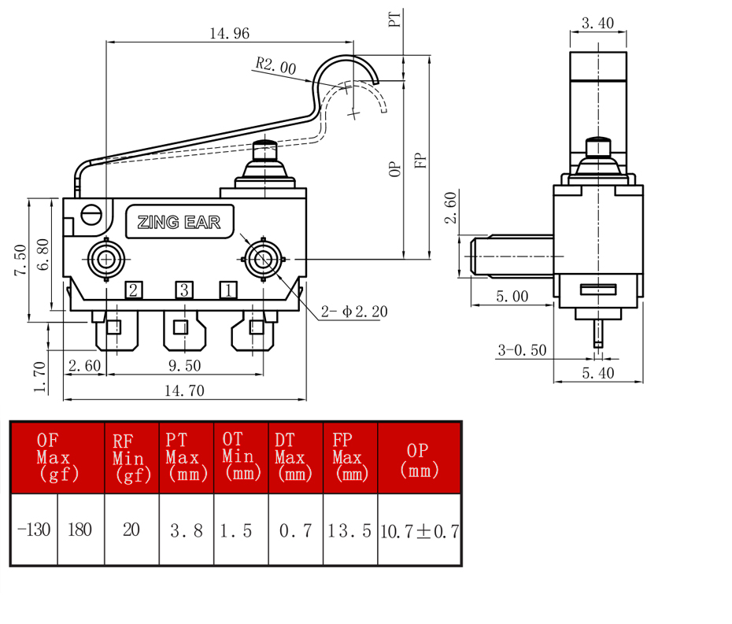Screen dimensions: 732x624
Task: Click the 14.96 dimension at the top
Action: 229,34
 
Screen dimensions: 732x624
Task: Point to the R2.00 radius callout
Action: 275,65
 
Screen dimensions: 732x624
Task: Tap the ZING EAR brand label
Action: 179,222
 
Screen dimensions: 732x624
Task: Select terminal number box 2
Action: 134,290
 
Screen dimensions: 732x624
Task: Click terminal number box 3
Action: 184,290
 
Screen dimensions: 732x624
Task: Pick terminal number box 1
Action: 228,290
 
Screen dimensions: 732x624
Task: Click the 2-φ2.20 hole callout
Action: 354,312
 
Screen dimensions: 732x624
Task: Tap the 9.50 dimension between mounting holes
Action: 185,365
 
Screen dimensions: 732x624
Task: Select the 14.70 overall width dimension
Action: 184,390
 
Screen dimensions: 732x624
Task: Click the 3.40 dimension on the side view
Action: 597,23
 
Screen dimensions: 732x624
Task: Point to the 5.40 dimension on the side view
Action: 598,373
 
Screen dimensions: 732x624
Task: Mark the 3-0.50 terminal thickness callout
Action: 522,350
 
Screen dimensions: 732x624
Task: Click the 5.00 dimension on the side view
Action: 512,296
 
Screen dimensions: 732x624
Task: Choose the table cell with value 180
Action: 80,530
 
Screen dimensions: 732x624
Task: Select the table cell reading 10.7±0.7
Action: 420,530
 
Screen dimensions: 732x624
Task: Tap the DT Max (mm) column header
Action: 295,457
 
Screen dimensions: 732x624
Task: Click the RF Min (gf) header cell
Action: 131,457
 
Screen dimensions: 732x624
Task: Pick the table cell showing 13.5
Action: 350,530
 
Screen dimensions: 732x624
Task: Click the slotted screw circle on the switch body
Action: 91,215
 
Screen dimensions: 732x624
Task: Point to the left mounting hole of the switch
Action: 106,259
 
